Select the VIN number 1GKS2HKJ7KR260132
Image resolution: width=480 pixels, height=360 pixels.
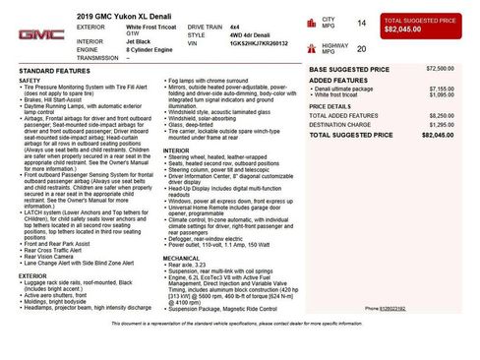[x=259, y=44]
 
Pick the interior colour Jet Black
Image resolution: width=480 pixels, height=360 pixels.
[x=140, y=42]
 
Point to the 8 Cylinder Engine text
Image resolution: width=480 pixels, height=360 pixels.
[x=150, y=50]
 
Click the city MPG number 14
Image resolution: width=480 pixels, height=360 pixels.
[x=361, y=22]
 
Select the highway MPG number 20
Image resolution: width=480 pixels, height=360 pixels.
[x=361, y=47]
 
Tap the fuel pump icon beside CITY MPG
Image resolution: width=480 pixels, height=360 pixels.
[x=313, y=21]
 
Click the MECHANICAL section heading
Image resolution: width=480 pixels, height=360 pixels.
[x=181, y=257]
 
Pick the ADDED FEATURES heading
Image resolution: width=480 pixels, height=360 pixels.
[x=336, y=80]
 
